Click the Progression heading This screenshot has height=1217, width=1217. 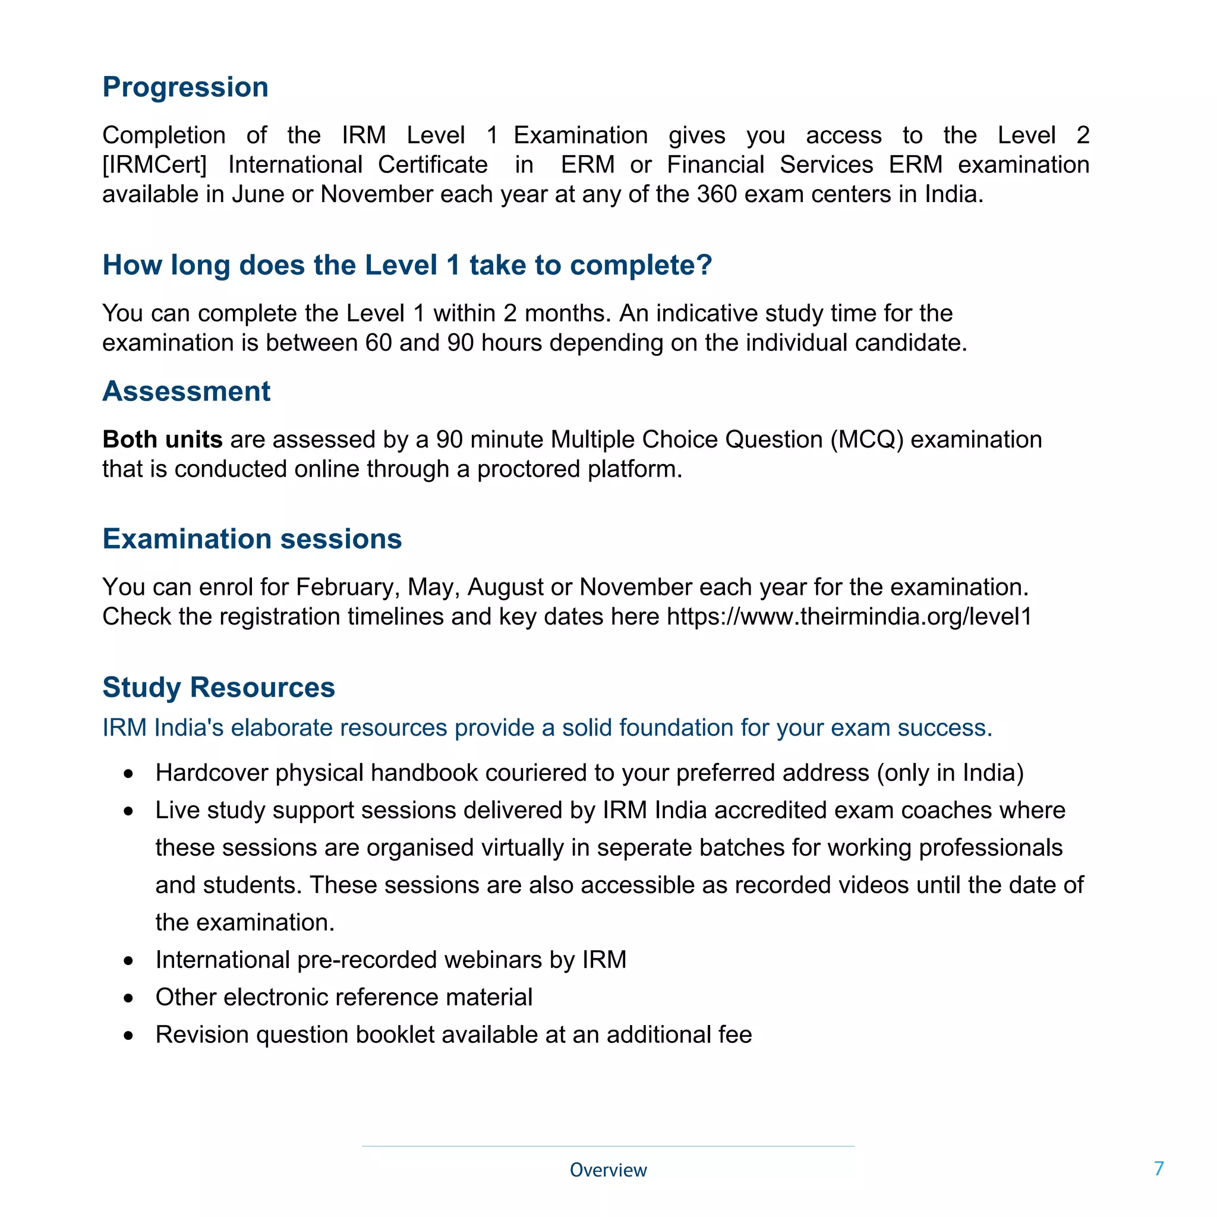click(x=185, y=87)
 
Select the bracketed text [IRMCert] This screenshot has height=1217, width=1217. click(x=155, y=165)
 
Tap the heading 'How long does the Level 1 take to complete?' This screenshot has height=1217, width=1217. click(x=407, y=265)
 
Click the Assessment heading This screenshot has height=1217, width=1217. click(x=187, y=391)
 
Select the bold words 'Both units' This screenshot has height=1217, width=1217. click(x=162, y=439)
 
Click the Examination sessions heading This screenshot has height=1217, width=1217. click(x=252, y=538)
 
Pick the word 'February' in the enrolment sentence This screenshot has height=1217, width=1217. click(x=348, y=587)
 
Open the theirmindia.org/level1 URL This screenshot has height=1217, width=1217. click(x=849, y=617)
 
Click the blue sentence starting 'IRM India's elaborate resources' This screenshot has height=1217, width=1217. click(x=547, y=727)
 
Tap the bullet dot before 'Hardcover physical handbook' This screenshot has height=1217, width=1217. click(x=128, y=774)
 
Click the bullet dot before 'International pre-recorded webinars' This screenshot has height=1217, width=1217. click(x=128, y=961)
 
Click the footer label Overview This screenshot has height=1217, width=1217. click(x=608, y=1169)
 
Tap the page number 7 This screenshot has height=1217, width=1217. click(x=1158, y=1168)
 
